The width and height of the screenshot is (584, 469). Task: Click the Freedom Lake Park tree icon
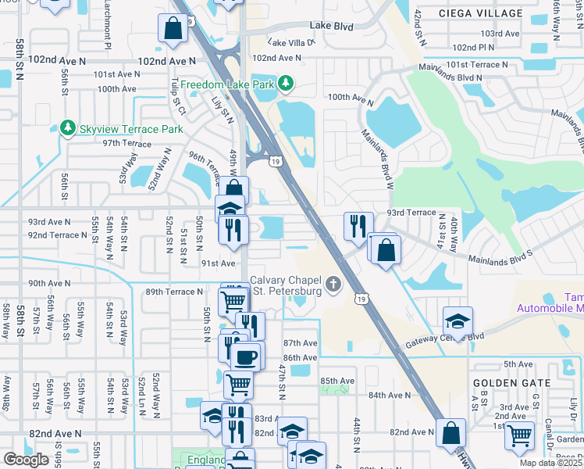(287, 83)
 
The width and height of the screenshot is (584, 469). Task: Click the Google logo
(26, 460)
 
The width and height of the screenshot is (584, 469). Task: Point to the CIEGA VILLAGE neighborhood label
(480, 13)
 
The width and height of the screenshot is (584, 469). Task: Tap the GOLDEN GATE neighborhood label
(511, 383)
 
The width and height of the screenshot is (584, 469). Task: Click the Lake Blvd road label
(331, 27)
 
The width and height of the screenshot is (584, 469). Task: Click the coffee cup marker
(246, 356)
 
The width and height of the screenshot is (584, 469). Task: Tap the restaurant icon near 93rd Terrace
(357, 226)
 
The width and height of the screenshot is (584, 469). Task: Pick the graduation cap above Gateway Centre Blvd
(457, 320)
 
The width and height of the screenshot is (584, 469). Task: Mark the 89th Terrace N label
(174, 292)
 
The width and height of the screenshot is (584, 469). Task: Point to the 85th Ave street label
(337, 381)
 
